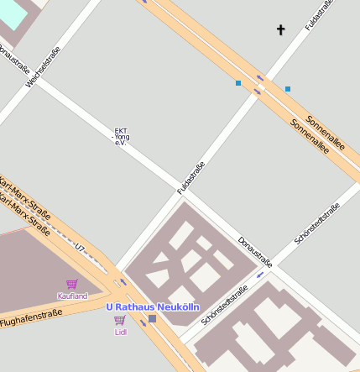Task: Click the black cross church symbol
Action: [x=281, y=30]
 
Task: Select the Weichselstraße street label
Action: [x=45, y=66]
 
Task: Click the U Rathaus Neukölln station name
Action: [x=152, y=307]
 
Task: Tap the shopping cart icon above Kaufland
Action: [x=72, y=285]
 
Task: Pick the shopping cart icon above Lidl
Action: [x=120, y=320]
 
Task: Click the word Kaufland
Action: [x=72, y=296]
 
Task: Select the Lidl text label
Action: [x=120, y=331]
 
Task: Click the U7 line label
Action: [x=81, y=249]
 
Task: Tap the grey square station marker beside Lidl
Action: [x=152, y=318]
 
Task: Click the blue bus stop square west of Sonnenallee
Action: [x=238, y=83]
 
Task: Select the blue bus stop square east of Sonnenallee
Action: [x=288, y=88]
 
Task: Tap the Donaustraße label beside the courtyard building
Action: [x=255, y=253]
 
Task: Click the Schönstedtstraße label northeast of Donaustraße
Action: [x=317, y=224]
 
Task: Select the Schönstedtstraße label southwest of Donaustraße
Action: [x=225, y=306]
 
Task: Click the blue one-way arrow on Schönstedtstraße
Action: [x=261, y=275]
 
